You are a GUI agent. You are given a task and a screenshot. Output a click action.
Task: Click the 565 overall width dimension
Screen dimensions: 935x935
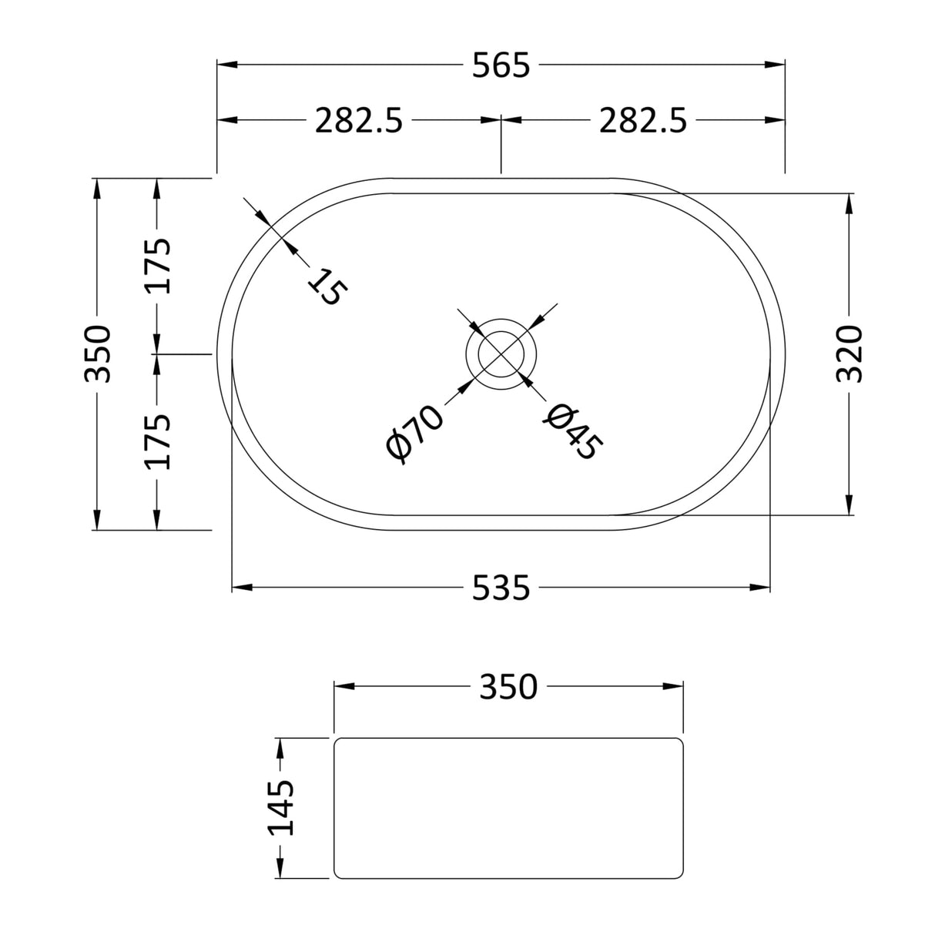(x=501, y=66)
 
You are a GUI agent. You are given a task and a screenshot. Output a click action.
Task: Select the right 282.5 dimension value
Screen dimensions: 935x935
(x=643, y=121)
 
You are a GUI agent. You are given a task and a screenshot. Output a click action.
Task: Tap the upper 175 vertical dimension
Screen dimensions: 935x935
(x=158, y=266)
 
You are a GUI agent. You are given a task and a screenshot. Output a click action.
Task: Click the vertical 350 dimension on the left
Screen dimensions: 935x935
(x=98, y=354)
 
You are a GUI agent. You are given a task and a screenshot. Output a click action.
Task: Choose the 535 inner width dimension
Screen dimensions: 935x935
(x=501, y=588)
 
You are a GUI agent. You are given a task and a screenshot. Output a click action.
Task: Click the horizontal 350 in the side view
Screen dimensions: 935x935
(x=508, y=686)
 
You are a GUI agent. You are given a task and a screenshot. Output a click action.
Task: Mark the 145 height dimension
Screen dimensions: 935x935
(x=281, y=807)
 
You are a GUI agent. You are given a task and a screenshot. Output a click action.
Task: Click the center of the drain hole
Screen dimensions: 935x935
(x=501, y=354)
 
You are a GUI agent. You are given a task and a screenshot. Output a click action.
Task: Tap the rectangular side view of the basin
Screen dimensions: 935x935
(x=508, y=807)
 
